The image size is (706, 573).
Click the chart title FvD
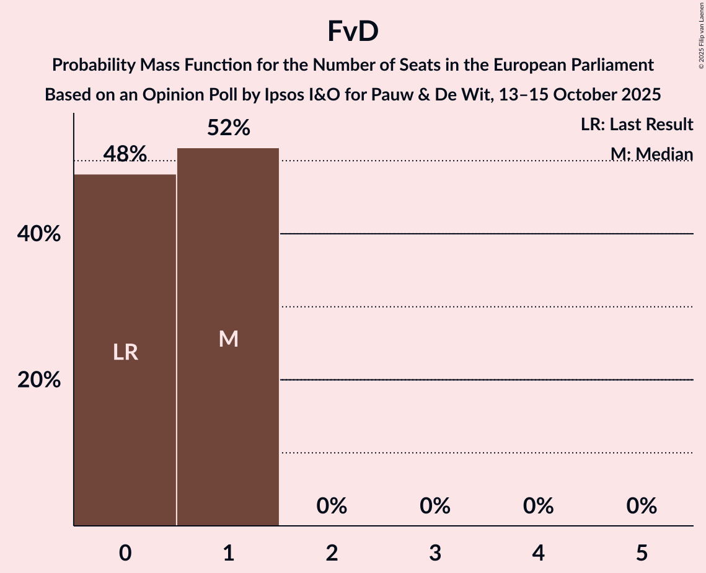[x=353, y=32]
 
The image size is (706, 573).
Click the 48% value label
[x=125, y=154]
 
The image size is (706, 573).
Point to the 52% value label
[x=229, y=128]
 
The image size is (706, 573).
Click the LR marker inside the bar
[x=125, y=352]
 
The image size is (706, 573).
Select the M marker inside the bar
[x=229, y=339]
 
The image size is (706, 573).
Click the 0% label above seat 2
[x=332, y=507]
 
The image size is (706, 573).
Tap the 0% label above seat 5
[x=642, y=507]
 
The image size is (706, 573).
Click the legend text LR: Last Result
[x=637, y=125]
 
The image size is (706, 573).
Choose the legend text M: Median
[x=651, y=154]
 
